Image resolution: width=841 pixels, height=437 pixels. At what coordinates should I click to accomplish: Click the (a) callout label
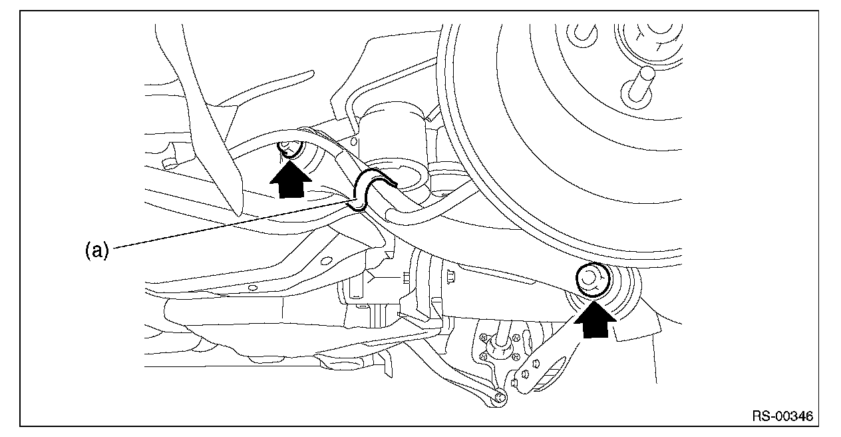96,250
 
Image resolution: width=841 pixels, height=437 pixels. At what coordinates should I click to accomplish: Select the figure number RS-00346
782,416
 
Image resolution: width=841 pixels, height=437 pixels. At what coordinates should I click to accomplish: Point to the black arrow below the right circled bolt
594,318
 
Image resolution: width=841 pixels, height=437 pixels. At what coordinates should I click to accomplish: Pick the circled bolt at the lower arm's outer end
593,279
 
